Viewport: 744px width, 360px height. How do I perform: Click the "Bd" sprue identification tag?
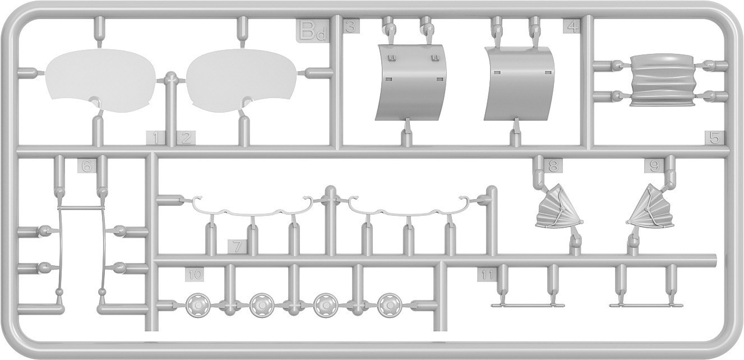312,31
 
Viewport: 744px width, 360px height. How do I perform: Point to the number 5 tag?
714,137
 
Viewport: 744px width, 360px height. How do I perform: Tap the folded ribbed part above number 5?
660,80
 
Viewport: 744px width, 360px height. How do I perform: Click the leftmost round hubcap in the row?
197,305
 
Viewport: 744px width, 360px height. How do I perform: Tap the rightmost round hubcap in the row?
389,305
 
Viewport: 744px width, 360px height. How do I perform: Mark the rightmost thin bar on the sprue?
646,305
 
